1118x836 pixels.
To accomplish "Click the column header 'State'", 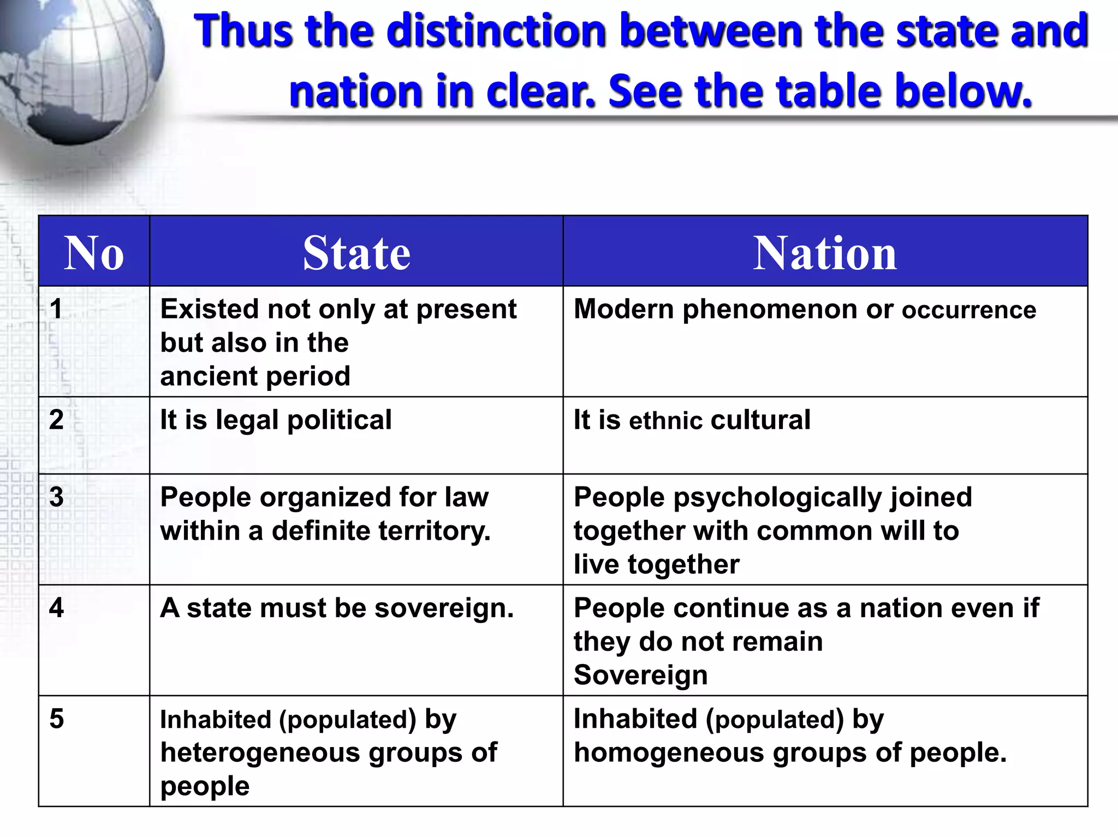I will [x=356, y=252].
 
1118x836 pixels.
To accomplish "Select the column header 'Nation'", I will [x=825, y=252].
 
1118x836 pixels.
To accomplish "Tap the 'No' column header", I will [x=94, y=252].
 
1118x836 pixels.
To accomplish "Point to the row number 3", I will [x=56, y=497].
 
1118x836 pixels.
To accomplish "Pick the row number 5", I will [x=56, y=719].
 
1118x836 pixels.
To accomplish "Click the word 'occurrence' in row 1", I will [x=969, y=310].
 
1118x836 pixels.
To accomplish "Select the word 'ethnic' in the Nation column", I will [x=665, y=421].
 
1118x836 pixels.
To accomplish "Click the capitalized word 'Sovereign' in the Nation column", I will [x=640, y=675].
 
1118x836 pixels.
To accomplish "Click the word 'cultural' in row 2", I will [x=760, y=420].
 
